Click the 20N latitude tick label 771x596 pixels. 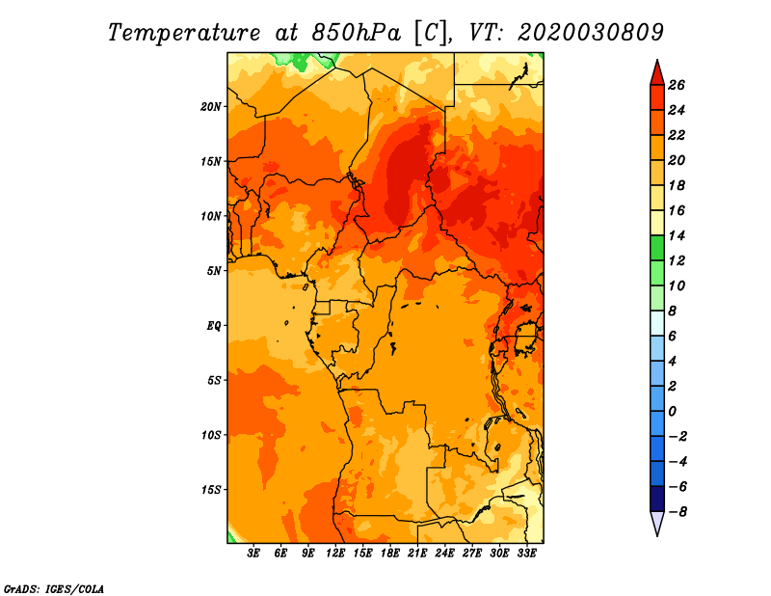pyautogui.click(x=211, y=107)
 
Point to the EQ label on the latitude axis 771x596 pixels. pyautogui.click(x=213, y=326)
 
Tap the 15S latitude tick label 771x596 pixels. pyautogui.click(x=211, y=490)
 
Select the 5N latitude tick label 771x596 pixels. pyautogui.click(x=214, y=271)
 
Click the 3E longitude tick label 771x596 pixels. pyautogui.click(x=253, y=554)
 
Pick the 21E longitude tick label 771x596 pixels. pyautogui.click(x=417, y=554)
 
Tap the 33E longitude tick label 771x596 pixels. pyautogui.click(x=526, y=554)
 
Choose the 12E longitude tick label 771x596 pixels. pyautogui.click(x=335, y=554)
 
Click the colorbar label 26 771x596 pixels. pyautogui.click(x=677, y=85)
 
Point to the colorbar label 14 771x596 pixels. pyautogui.click(x=677, y=235)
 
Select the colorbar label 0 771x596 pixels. pyautogui.click(x=673, y=412)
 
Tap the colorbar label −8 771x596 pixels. pyautogui.click(x=678, y=512)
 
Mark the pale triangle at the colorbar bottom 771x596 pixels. pyautogui.click(x=657, y=522)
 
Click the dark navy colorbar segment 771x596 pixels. pyautogui.click(x=657, y=499)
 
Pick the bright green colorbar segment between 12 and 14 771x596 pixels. pyautogui.click(x=657, y=248)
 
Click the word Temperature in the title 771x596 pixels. pyautogui.click(x=184, y=33)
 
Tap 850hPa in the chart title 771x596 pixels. pyautogui.click(x=357, y=33)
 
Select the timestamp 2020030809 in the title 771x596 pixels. pyautogui.click(x=591, y=33)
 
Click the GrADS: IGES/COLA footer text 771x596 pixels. pyautogui.click(x=54, y=589)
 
